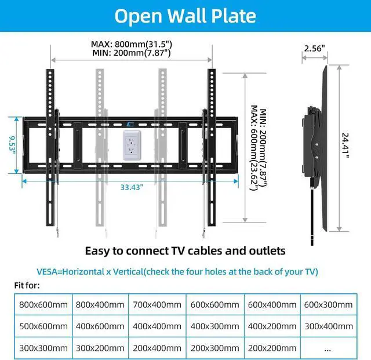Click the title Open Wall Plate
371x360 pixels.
pos(185,16)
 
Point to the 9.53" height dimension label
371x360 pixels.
pos(12,144)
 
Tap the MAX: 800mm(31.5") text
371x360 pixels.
pos(132,43)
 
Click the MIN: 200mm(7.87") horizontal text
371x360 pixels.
pos(132,53)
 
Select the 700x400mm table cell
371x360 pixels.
pos(157,305)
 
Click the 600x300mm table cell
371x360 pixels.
pos(328,305)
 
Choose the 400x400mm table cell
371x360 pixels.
pos(157,326)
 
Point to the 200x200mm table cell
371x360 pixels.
pos(271,348)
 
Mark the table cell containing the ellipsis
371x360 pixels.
pos(328,348)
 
